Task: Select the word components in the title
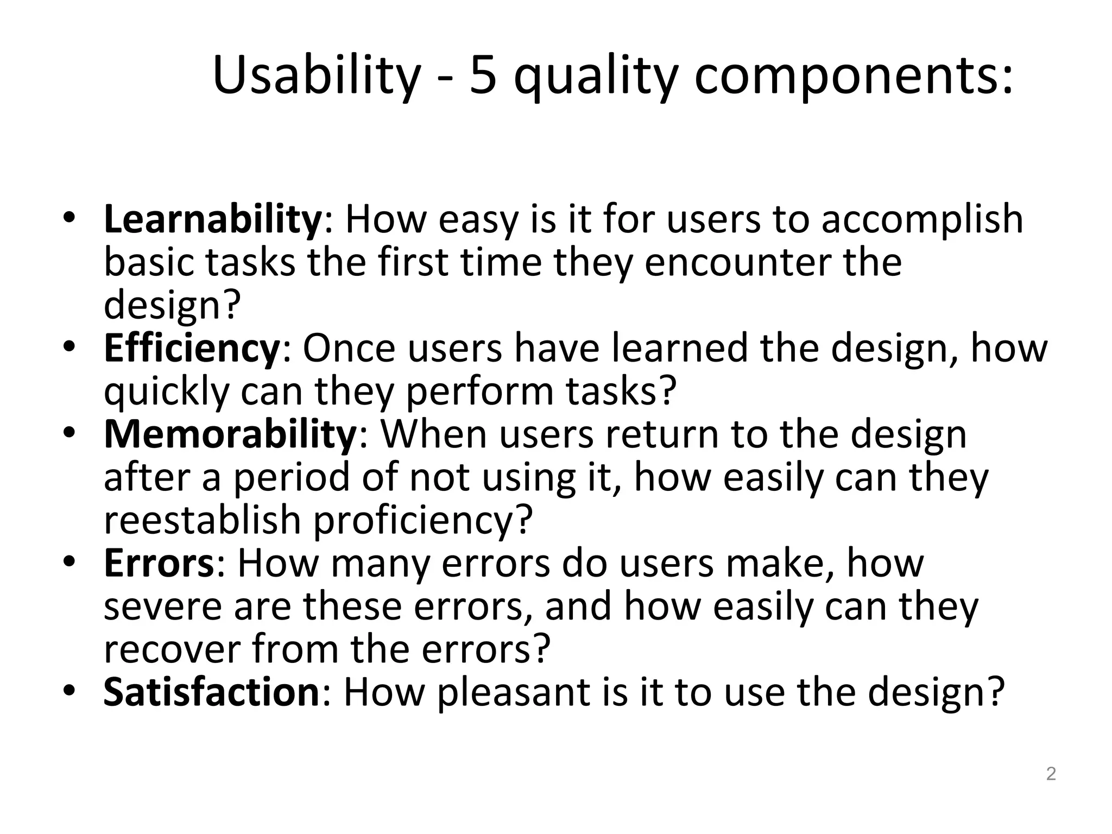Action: pyautogui.click(x=852, y=76)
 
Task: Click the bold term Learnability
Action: pyautogui.click(x=213, y=219)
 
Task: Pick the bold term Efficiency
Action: pyautogui.click(x=191, y=348)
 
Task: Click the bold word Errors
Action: pyautogui.click(x=159, y=563)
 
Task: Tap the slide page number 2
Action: pyautogui.click(x=1051, y=774)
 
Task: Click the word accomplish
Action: pyautogui.click(x=921, y=219)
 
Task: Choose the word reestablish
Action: pyautogui.click(x=202, y=520)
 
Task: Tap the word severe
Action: pyautogui.click(x=162, y=606)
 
